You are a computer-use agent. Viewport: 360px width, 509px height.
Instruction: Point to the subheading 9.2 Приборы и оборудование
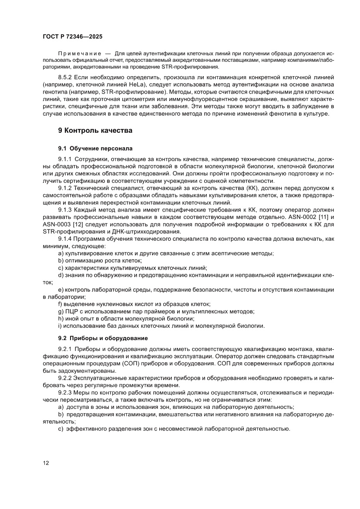click(x=103, y=338)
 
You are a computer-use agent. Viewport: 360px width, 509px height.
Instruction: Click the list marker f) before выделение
click(x=60, y=304)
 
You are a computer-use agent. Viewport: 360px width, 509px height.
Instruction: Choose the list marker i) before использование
click(x=60, y=326)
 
